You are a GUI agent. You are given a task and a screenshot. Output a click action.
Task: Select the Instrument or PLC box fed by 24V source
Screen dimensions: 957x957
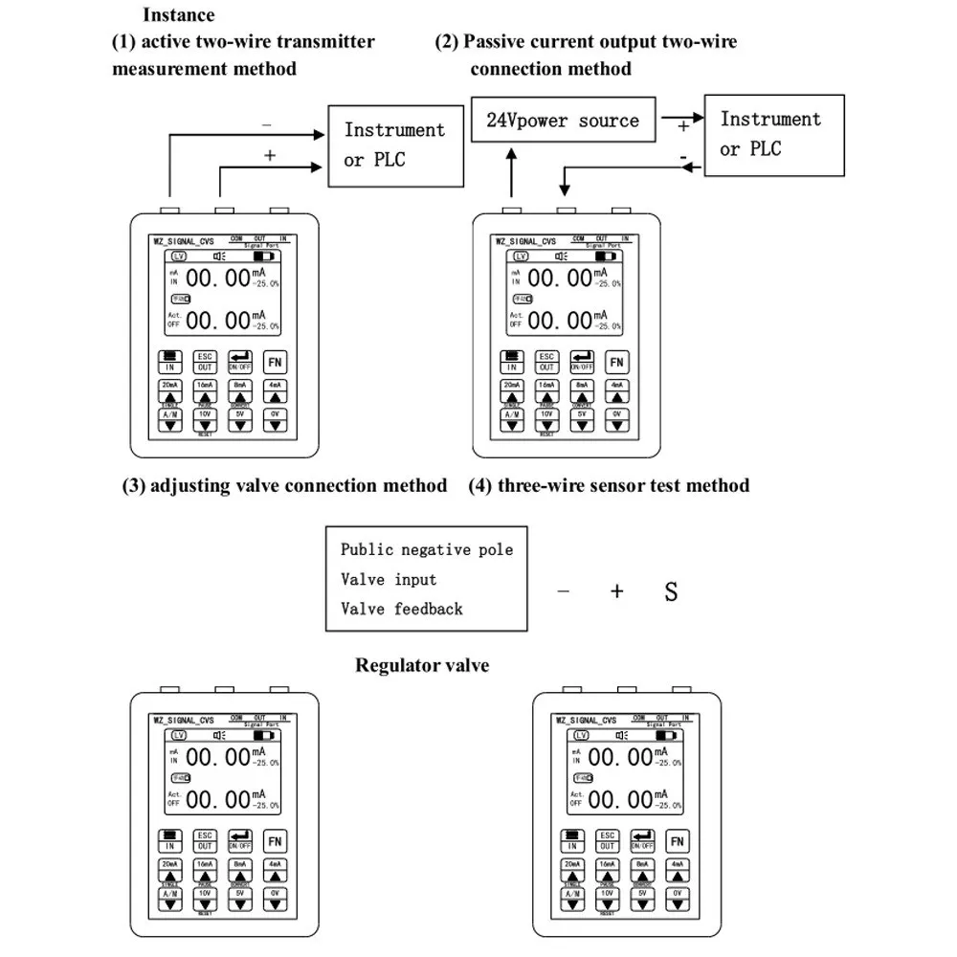(773, 134)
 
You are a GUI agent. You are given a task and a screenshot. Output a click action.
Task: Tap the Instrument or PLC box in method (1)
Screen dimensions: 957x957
(394, 145)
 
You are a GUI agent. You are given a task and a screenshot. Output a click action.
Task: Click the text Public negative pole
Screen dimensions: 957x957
(427, 549)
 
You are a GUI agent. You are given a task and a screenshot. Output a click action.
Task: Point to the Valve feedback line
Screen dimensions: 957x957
(401, 609)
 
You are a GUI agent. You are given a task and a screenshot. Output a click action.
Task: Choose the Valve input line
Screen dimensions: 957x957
(389, 579)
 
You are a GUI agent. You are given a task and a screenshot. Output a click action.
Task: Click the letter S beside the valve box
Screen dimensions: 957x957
(671, 591)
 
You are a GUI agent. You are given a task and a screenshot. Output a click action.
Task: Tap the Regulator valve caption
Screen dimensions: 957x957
(422, 665)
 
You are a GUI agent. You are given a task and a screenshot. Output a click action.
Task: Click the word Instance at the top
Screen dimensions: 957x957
(179, 14)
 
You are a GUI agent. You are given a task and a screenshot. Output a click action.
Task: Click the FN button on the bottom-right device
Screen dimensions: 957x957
(677, 841)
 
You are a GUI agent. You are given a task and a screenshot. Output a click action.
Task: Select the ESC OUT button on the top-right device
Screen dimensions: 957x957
(546, 361)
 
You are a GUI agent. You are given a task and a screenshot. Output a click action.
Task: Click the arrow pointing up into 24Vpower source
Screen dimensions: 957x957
(513, 172)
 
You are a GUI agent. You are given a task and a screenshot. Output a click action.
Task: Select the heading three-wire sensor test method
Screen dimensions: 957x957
(609, 485)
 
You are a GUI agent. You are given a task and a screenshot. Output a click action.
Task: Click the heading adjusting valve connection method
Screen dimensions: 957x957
(285, 485)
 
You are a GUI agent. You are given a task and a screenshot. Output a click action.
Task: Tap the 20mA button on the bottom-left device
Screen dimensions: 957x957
(169, 870)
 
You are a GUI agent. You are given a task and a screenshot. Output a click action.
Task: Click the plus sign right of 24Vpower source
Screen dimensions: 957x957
(683, 125)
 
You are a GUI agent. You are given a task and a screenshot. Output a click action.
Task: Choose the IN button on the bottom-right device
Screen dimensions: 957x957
(572, 841)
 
